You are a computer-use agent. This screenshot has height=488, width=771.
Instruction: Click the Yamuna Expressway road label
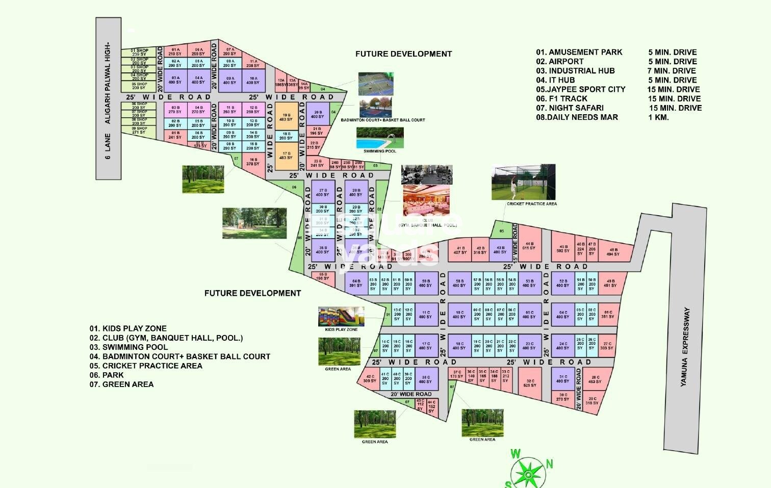[x=686, y=346]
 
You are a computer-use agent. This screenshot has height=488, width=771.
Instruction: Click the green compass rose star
[x=529, y=474]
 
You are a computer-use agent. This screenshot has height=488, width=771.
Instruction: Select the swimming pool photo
[x=380, y=138]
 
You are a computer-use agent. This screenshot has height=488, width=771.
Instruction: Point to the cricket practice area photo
[x=523, y=182]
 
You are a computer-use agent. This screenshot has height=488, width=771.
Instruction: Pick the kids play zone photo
[x=341, y=317]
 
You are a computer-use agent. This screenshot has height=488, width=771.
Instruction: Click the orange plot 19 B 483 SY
[x=286, y=117]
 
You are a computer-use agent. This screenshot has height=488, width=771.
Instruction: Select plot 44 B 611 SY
[x=529, y=246]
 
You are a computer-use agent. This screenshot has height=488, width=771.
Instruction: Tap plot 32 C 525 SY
[x=530, y=383]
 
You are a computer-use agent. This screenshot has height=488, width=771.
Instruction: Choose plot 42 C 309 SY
[x=370, y=378]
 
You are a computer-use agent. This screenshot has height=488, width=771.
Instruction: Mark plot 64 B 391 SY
[x=355, y=284]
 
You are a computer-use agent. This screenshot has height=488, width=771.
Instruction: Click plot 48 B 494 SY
[x=613, y=252]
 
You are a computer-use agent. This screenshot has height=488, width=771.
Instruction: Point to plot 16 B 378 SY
[x=253, y=162]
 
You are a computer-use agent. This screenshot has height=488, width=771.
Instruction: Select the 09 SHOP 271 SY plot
[x=139, y=131]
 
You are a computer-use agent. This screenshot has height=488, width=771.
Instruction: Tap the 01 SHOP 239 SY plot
[x=139, y=52]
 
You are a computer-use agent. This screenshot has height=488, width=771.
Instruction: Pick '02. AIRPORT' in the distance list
[x=559, y=61]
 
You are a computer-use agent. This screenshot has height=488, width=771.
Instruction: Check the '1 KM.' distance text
[x=658, y=117]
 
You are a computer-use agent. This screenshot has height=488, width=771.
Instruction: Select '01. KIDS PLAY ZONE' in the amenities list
[x=128, y=328]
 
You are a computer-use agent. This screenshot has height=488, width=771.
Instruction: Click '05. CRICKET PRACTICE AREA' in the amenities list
[x=146, y=366]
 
